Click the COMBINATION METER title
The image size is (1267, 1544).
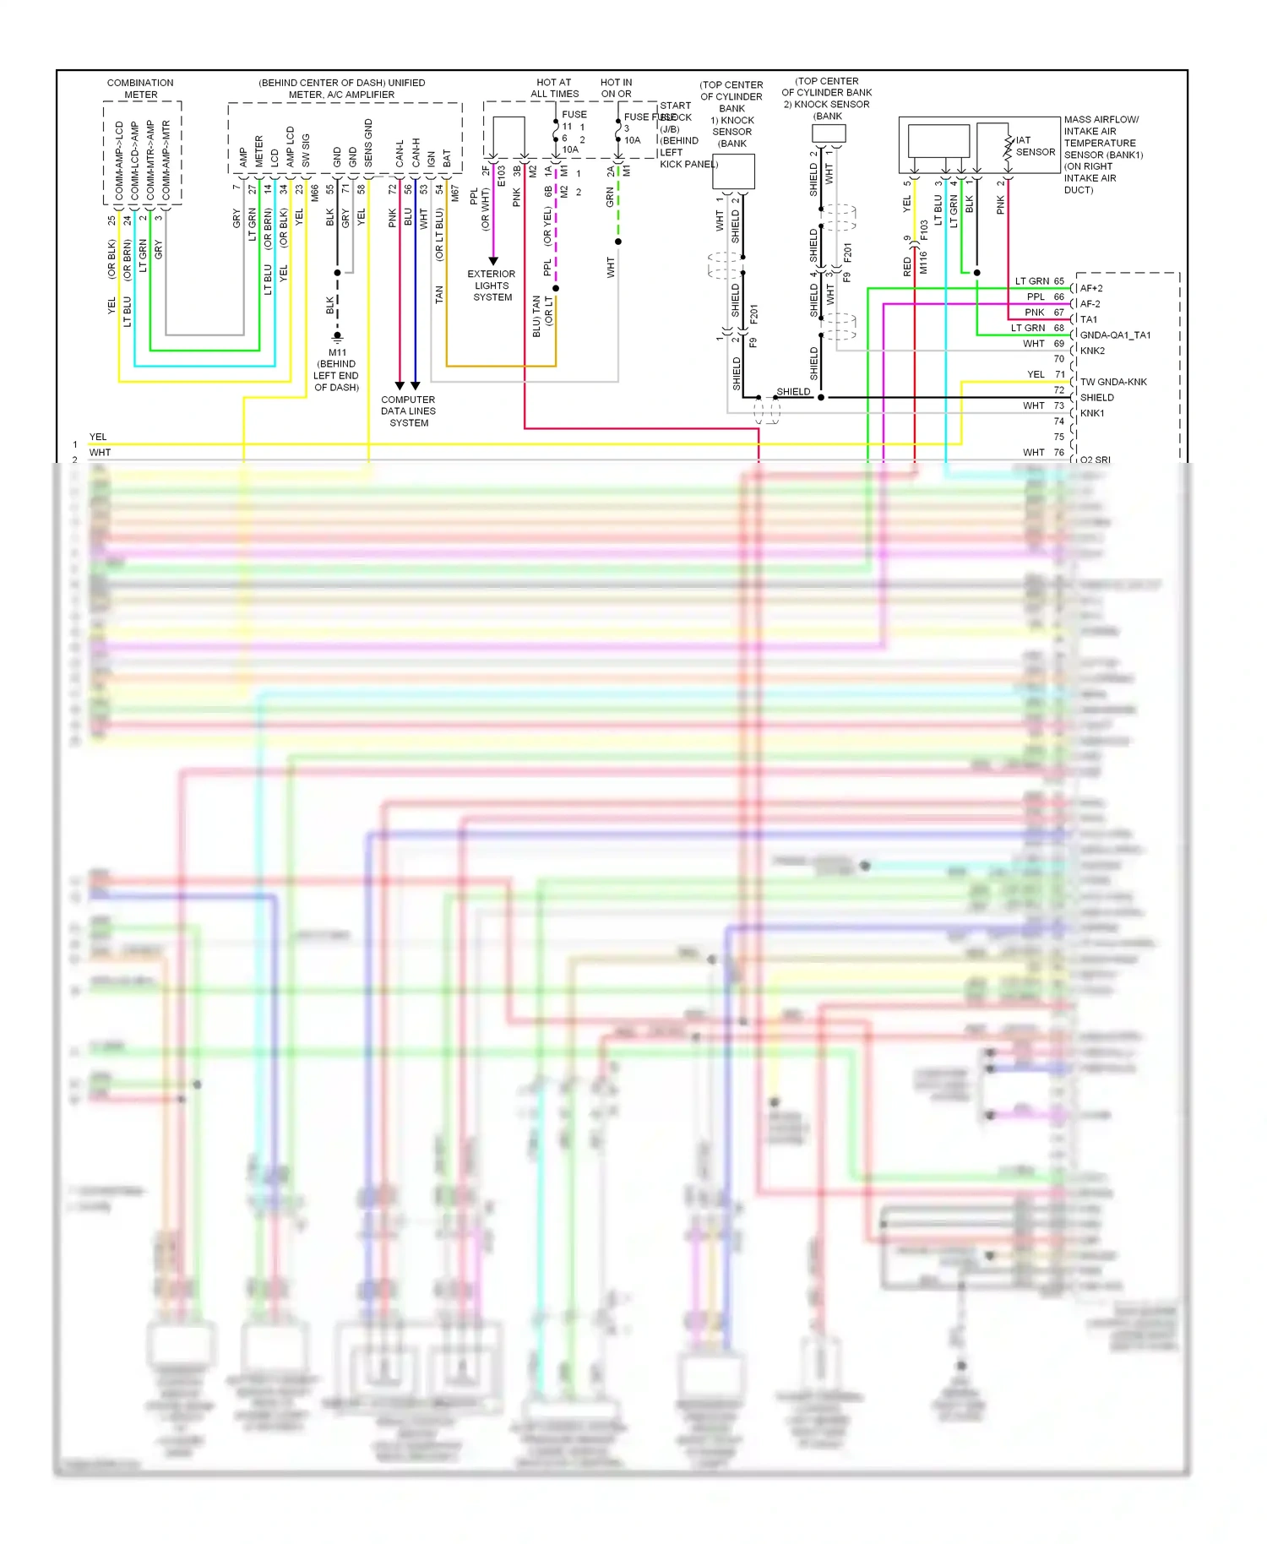(x=140, y=89)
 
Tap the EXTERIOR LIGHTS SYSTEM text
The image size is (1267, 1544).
(x=492, y=285)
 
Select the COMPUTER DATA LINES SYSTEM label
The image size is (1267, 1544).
(x=408, y=411)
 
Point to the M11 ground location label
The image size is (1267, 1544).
(x=337, y=369)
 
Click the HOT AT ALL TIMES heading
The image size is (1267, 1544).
(x=554, y=89)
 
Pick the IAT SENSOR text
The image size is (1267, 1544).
(x=1035, y=146)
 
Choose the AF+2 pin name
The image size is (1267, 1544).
(x=1091, y=288)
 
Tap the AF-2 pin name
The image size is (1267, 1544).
(x=1090, y=304)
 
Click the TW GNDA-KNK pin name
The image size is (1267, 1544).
(x=1113, y=382)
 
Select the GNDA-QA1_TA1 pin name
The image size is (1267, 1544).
(x=1115, y=335)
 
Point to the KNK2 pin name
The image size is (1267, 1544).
(x=1092, y=351)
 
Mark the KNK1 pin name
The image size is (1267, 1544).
(x=1092, y=413)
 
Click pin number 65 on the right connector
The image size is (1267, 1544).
(x=1058, y=281)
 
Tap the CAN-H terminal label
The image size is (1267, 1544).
(x=416, y=153)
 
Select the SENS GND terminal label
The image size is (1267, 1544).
(x=368, y=144)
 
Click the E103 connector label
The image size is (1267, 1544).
(x=501, y=176)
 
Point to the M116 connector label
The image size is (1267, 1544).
(x=922, y=262)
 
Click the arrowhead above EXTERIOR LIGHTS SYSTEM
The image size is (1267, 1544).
(x=493, y=261)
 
